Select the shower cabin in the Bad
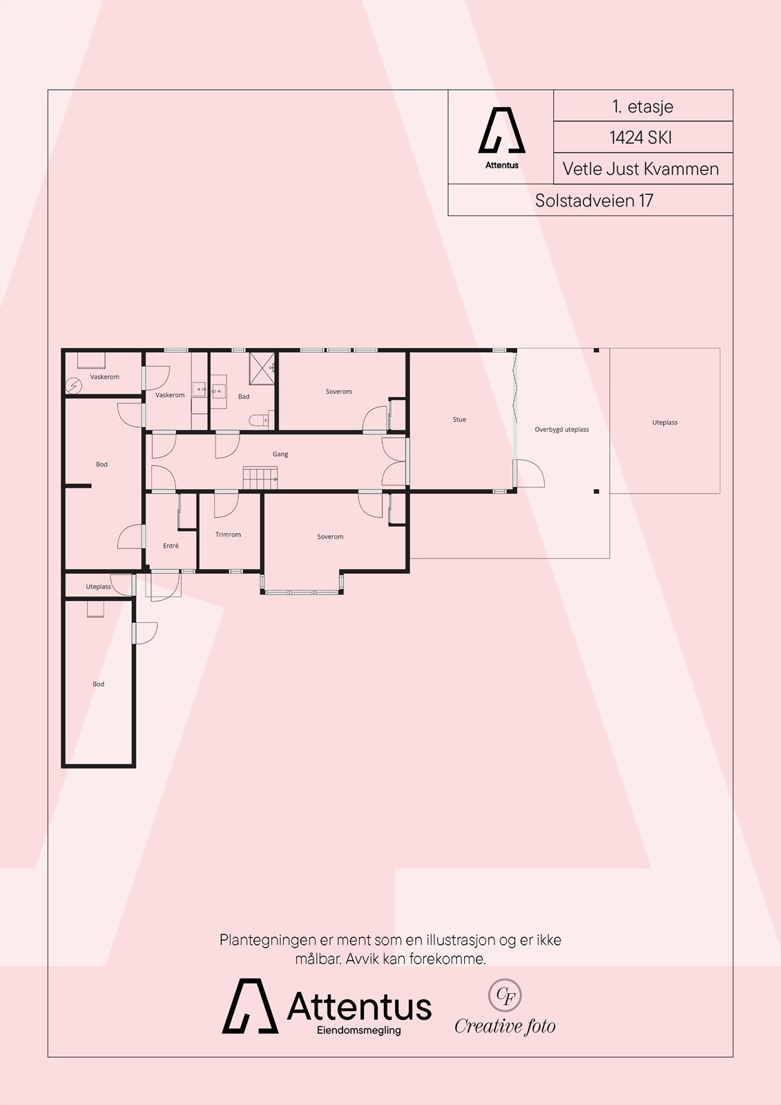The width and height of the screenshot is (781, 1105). (x=262, y=364)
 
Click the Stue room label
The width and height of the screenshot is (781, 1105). (x=459, y=419)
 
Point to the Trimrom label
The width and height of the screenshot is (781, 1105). (x=228, y=535)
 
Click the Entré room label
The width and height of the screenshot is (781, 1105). (x=171, y=546)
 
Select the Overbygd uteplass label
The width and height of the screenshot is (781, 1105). (x=561, y=430)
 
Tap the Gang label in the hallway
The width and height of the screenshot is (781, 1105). (x=280, y=454)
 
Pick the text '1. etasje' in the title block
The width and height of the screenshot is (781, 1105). (x=642, y=106)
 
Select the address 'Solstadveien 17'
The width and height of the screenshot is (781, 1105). (x=594, y=200)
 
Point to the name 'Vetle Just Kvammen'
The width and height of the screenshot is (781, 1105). (x=640, y=169)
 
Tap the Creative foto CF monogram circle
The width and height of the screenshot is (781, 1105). (x=505, y=995)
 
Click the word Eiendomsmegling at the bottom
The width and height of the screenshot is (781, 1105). (x=358, y=1030)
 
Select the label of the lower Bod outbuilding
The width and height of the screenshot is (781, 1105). (x=99, y=684)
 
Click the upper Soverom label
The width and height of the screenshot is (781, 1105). (x=338, y=392)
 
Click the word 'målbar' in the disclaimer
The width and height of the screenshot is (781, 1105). (x=317, y=959)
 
